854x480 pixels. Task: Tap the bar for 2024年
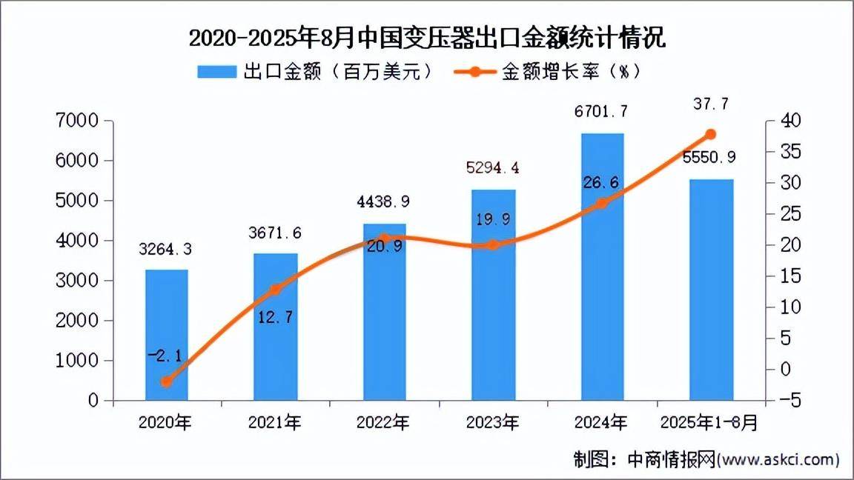click(602, 267)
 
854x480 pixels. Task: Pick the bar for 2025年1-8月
click(711, 290)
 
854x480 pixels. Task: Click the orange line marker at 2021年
click(275, 290)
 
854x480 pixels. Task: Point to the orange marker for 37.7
click(711, 134)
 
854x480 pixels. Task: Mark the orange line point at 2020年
click(166, 382)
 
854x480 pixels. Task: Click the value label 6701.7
click(601, 112)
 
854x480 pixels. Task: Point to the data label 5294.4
click(493, 168)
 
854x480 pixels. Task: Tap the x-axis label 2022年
click(383, 423)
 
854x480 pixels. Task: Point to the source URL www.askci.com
click(778, 459)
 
